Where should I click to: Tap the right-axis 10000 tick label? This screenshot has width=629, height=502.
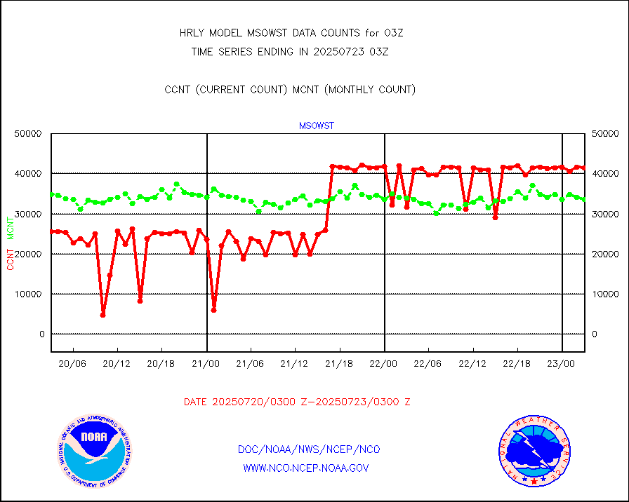pos(604,294)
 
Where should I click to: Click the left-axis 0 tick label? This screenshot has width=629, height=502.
pos(41,334)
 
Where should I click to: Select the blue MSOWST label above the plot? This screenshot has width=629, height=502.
pos(317,126)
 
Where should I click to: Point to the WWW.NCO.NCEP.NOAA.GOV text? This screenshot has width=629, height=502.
pos(305,468)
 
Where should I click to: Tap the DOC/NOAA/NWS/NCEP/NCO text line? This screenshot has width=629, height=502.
pos(309,449)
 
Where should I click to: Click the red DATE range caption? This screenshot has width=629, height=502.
pos(297,402)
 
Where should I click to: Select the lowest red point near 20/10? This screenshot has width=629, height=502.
pos(102,315)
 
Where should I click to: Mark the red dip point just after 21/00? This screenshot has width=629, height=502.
pos(213,310)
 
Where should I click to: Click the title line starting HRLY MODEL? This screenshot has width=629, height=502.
pos(291,33)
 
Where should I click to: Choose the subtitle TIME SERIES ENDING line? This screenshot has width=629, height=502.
pos(290,51)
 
